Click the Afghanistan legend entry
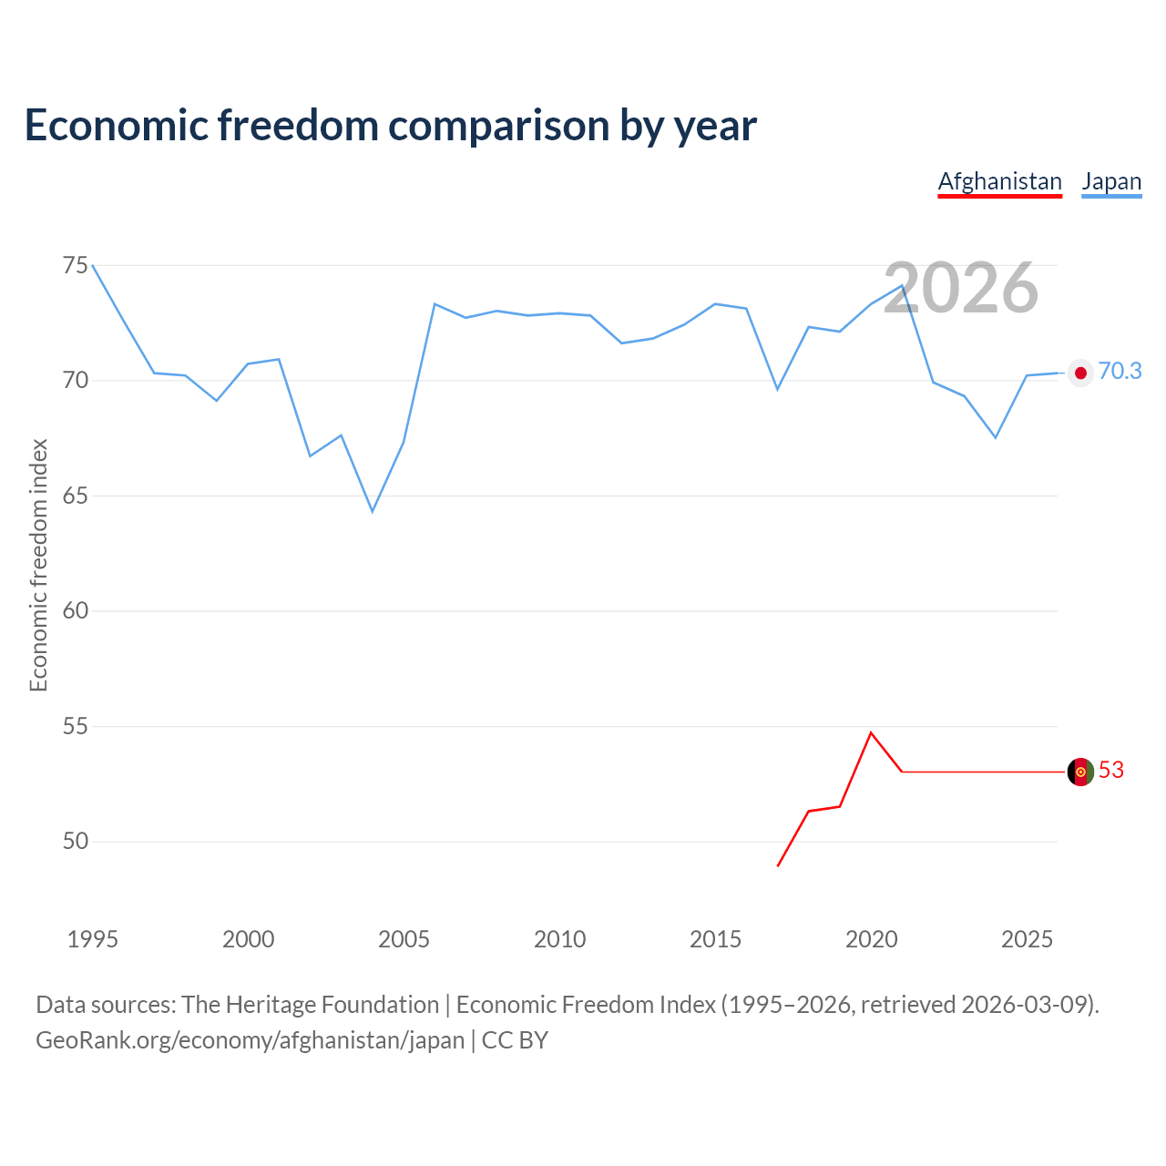[x=999, y=181]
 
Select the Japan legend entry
[x=1111, y=181]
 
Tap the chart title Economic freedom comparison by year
[x=391, y=125]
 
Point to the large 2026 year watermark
[x=961, y=288]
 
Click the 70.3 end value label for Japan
[x=1120, y=372]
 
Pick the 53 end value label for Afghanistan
[x=1111, y=771]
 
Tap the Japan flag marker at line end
[x=1080, y=373]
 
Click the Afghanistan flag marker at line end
[x=1080, y=772]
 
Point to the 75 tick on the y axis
[x=76, y=266]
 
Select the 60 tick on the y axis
[x=76, y=611]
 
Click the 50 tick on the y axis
[x=76, y=842]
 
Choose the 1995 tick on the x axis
[x=93, y=939]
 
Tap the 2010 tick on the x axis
[x=559, y=939]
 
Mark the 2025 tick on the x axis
[x=1027, y=939]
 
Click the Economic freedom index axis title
[x=38, y=565]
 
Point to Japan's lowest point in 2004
[x=373, y=511]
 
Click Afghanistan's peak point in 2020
[x=871, y=732]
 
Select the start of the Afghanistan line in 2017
[x=778, y=865]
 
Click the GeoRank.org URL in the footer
[x=250, y=1040]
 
